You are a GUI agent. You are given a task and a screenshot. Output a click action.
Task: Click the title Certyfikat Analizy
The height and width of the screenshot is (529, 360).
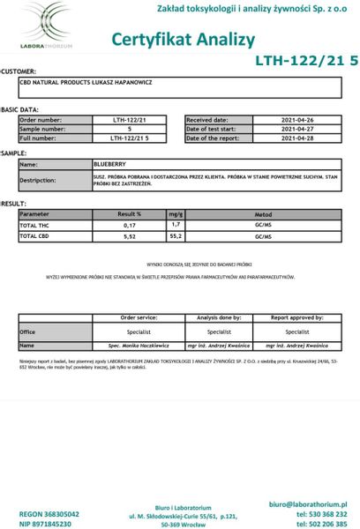[183, 40]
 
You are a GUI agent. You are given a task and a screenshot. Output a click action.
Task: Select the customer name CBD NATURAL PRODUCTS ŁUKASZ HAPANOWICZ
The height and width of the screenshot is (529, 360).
[85, 80]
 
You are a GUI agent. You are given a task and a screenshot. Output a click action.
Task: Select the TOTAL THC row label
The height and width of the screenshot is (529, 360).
[36, 226]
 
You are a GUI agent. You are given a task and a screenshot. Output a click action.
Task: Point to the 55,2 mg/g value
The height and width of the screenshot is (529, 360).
[175, 236]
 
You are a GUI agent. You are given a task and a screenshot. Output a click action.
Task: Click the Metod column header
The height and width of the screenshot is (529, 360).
[263, 214]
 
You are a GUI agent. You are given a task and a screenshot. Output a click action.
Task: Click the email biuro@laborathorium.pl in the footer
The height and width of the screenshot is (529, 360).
[308, 503]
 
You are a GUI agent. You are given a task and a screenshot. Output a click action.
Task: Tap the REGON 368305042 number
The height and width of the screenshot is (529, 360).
[49, 513]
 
